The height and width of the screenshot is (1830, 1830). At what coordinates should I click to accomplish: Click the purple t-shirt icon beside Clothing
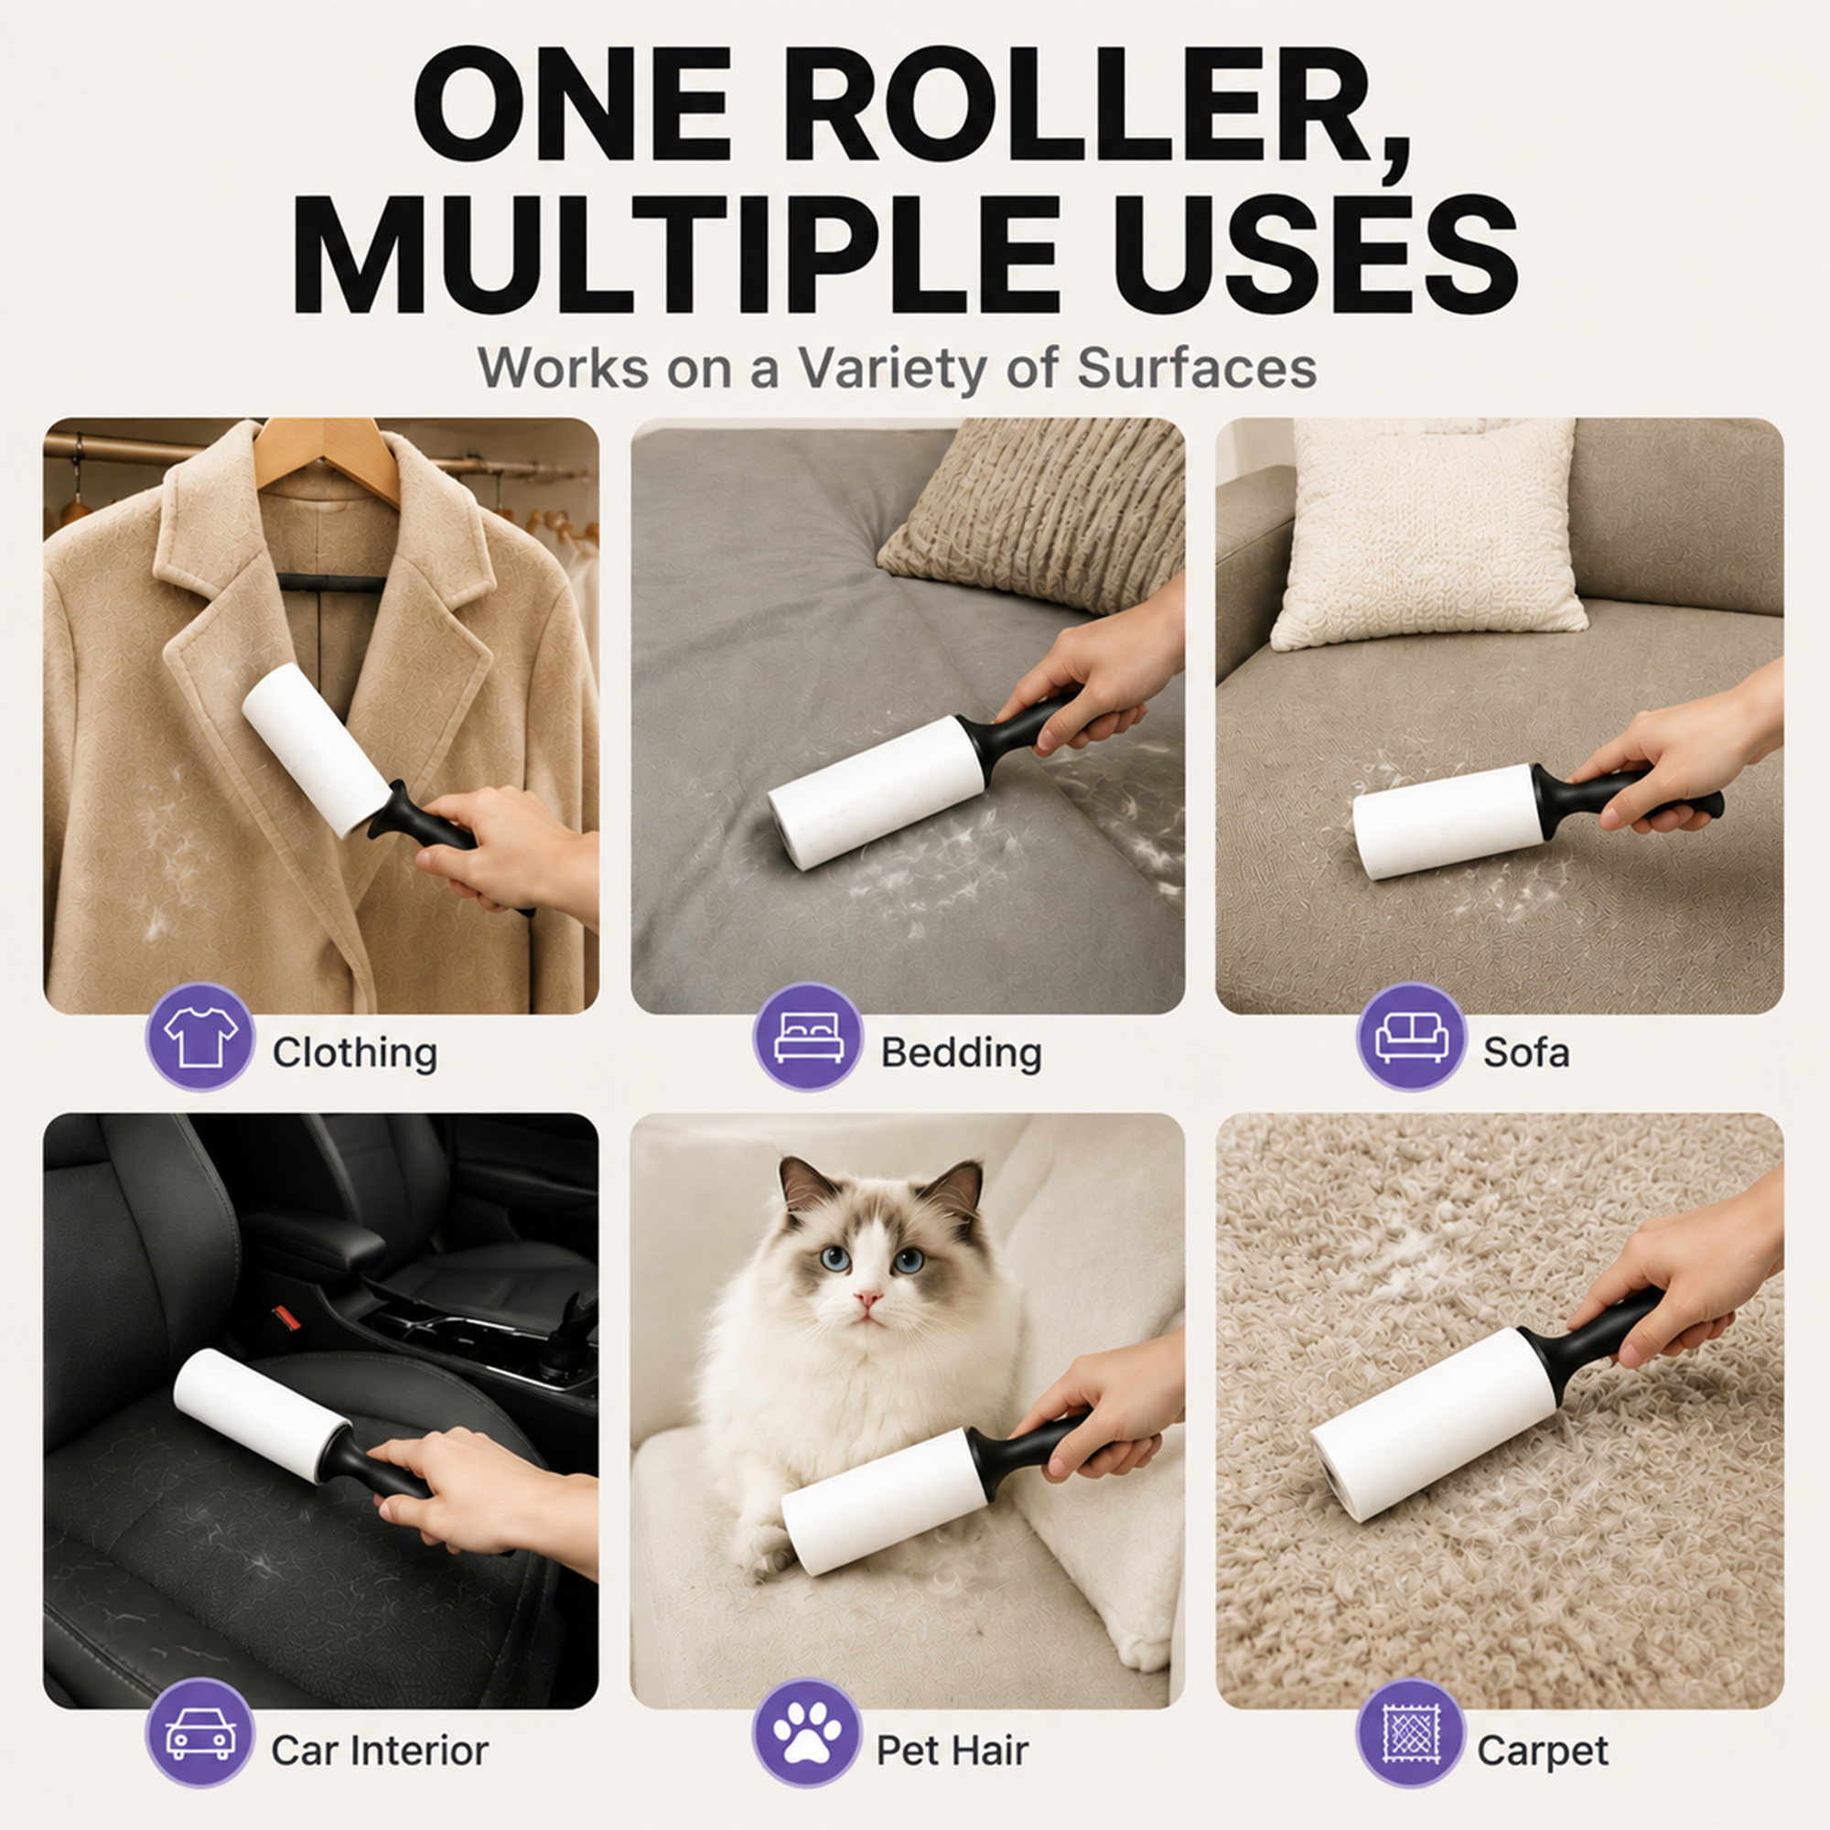tap(199, 1038)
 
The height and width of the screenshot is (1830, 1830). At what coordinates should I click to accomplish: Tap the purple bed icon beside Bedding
tap(808, 1038)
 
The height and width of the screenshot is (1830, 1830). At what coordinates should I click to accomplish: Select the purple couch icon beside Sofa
tap(1411, 1038)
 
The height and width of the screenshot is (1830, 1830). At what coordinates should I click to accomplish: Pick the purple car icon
tap(199, 1732)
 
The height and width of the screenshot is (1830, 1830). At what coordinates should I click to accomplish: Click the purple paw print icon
tap(807, 1732)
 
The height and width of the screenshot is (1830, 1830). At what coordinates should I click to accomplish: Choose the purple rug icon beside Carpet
tap(1410, 1732)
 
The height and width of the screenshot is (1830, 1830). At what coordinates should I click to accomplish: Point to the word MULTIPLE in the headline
tap(676, 253)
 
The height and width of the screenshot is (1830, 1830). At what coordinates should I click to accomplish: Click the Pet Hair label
tap(952, 1750)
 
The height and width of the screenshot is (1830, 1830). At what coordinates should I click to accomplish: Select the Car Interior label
tap(380, 1750)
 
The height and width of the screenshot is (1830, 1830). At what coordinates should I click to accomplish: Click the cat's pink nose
tap(867, 1297)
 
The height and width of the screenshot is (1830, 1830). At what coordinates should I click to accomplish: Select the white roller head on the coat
tap(316, 749)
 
